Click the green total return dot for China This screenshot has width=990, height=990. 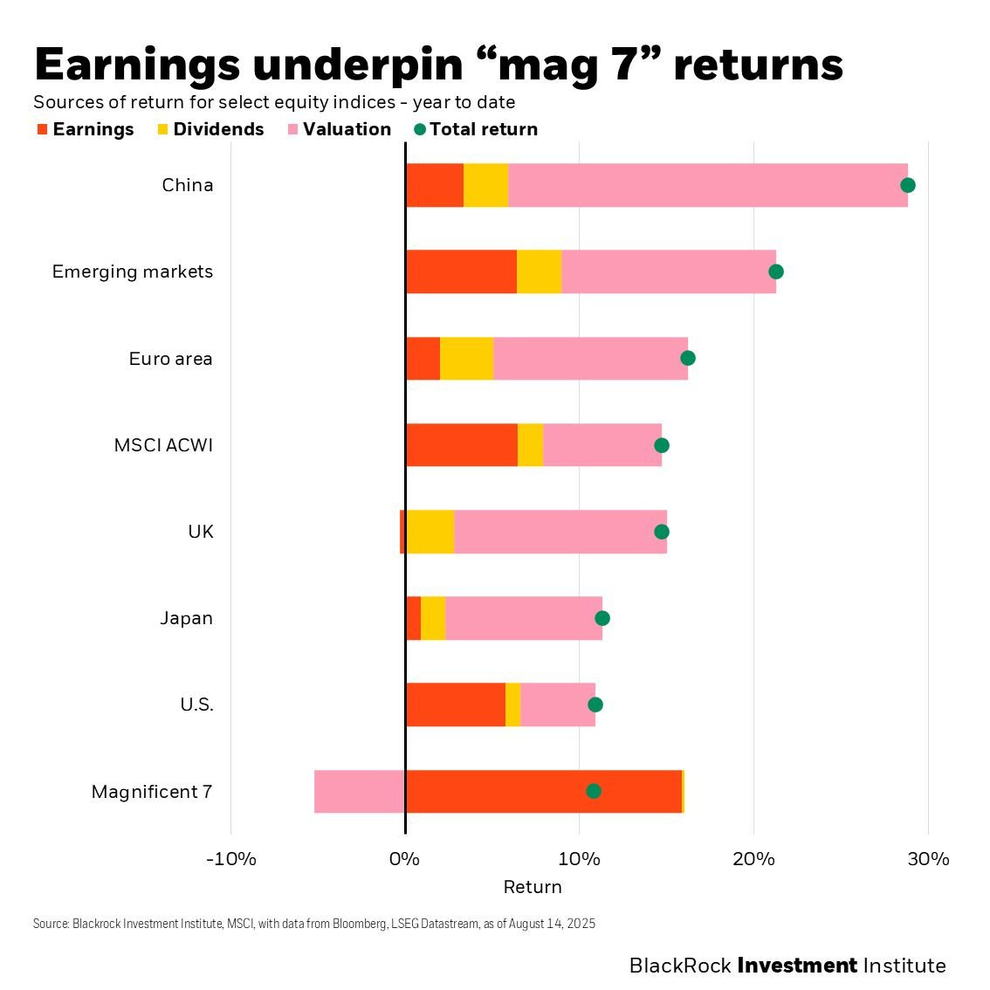coord(908,185)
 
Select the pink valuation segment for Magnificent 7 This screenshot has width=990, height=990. coord(359,791)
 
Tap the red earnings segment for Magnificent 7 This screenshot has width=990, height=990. coord(498,791)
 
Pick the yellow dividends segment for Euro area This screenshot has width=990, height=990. coord(466,358)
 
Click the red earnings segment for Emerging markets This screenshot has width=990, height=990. coord(461,272)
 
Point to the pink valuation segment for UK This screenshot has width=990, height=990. coord(560,532)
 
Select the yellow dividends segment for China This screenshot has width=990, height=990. coord(485,185)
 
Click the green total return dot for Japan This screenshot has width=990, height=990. coord(602,618)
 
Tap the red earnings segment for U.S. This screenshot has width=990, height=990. coord(455,705)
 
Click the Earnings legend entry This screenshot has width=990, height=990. coord(86,129)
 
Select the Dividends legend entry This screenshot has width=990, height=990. coord(210,129)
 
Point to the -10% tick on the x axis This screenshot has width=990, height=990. coord(231,859)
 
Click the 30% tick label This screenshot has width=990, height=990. coord(928,859)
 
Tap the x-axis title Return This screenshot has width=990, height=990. coord(533,887)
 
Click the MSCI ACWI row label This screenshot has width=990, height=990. coord(163,445)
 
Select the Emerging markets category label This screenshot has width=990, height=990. coord(133,272)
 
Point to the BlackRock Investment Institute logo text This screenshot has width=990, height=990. coord(787,966)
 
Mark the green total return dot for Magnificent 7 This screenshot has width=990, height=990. coord(594,791)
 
